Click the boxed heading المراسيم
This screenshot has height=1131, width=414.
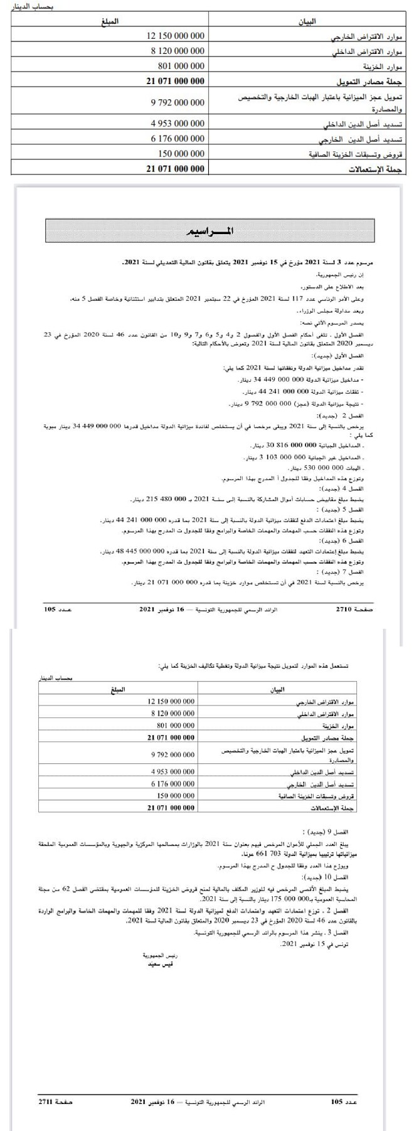click(x=210, y=230)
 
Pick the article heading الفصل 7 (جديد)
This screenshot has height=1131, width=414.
click(x=359, y=573)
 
